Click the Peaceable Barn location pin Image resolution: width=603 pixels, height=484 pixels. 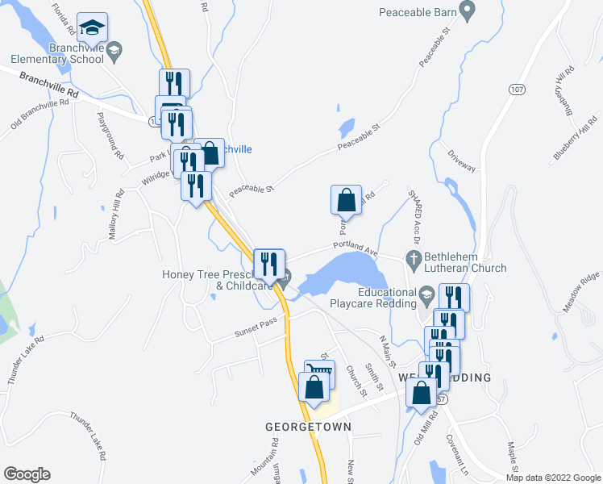click(466, 10)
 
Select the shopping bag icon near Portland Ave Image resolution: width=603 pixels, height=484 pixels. click(346, 198)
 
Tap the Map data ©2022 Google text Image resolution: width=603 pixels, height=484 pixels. click(552, 477)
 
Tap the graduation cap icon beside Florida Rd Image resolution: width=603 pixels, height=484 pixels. click(93, 27)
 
